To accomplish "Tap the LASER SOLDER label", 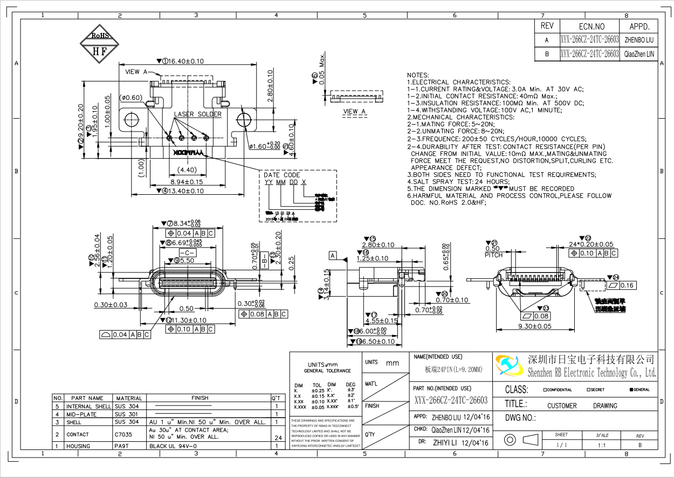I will [197, 114].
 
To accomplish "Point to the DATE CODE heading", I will [281, 175].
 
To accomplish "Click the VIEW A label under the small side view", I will [354, 112].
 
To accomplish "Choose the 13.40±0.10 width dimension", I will [183, 191].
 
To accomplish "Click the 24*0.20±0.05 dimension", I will [592, 244].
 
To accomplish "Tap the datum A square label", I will [333, 256].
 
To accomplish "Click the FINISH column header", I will [200, 398].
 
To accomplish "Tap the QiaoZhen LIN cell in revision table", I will [639, 54].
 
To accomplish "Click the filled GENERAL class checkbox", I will [631, 390].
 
